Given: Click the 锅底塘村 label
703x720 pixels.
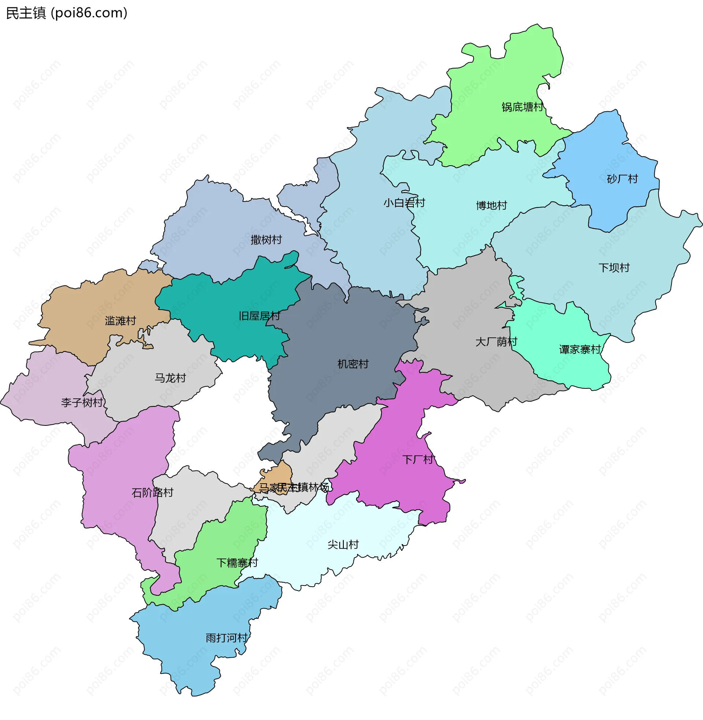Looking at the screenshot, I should coord(522,107).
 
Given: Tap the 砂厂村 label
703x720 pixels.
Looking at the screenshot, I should coord(622,179).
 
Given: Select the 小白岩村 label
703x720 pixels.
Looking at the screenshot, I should coord(404,203).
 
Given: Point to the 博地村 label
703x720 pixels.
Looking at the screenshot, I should coord(491,206).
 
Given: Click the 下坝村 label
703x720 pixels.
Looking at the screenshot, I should coord(614,268).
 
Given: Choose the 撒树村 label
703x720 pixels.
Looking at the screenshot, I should coord(266,240).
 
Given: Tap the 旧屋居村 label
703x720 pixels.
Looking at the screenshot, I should coord(259,316).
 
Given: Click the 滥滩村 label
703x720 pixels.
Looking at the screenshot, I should coord(120,321).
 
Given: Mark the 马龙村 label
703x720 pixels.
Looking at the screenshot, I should coord(170,378).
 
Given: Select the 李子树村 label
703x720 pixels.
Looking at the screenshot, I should coord(82,403).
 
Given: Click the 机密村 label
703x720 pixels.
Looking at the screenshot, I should coord(353,364).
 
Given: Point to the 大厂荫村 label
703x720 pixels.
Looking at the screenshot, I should coord(496,342).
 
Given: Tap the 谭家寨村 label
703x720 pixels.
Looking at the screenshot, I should coord(580,350).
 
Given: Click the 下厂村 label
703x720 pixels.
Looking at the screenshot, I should coord(418,460).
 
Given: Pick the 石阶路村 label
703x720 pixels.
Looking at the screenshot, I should coord(152,493).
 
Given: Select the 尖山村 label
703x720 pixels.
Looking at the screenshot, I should coord(343,545).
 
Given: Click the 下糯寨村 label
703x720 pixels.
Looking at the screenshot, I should coord(237,563).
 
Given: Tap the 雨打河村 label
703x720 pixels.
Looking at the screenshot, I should coord(226,638).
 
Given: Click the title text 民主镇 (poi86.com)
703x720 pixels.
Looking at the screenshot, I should coord(67,13).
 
